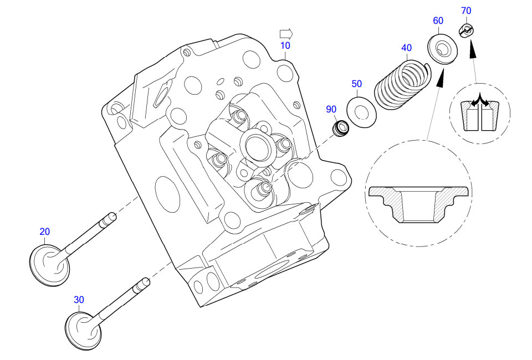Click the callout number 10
[285, 45]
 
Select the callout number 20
[44, 231]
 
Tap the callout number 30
[79, 300]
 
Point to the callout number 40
[406, 48]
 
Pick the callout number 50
[357, 84]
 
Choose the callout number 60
[438, 20]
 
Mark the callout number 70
[466, 11]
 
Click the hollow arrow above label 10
[286, 33]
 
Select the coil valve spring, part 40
[403, 84]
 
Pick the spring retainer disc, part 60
[443, 48]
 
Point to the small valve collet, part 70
[467, 29]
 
